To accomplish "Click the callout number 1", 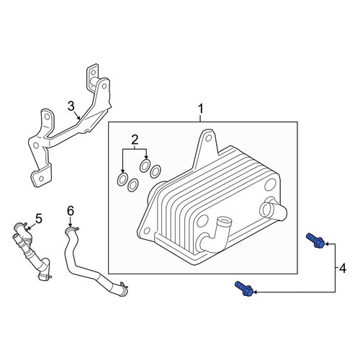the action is point(200,109).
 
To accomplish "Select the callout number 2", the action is point(135,140).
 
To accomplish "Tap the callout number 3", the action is point(71,107).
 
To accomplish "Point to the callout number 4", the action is point(343,268).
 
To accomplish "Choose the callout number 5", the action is point(38,218).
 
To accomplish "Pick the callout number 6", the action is point(71,211).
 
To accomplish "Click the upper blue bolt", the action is point(315,240).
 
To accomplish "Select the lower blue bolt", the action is point(244,289).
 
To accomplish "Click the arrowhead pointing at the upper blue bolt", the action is point(328,244).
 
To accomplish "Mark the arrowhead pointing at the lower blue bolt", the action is point(256,292).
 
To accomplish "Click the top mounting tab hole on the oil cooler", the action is point(209,138).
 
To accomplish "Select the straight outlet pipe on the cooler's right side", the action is point(274,210).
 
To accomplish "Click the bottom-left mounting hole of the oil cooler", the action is point(145,231).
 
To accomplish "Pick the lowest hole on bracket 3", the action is point(41,179).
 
